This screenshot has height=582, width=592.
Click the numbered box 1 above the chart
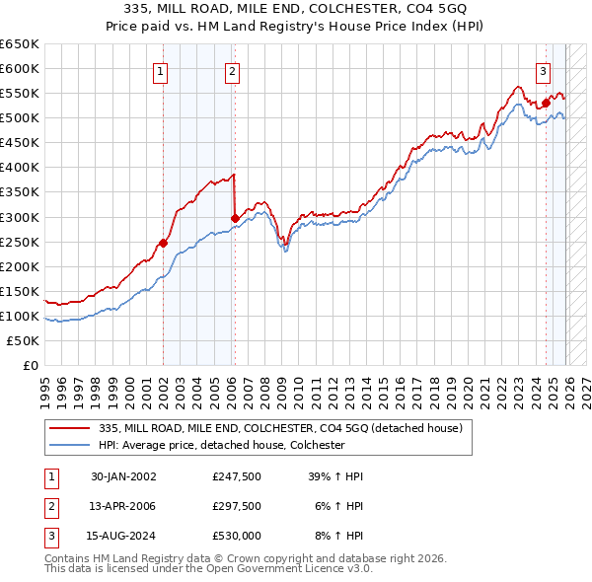pyautogui.click(x=160, y=70)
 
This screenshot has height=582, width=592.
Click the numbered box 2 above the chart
pyautogui.click(x=231, y=70)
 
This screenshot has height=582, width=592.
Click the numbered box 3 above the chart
pyautogui.click(x=543, y=70)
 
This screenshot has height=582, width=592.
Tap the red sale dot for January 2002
pyautogui.click(x=164, y=243)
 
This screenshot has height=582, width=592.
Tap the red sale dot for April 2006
pyautogui.click(x=234, y=218)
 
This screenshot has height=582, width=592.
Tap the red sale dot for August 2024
pyautogui.click(x=546, y=102)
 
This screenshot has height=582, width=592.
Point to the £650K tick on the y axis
pyautogui.click(x=20, y=44)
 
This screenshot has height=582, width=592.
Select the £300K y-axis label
pyautogui.click(x=20, y=217)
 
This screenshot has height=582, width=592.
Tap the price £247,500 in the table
pyautogui.click(x=237, y=476)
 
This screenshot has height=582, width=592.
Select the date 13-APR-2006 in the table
pyautogui.click(x=123, y=506)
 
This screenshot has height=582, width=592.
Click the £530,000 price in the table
pyautogui.click(x=237, y=536)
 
